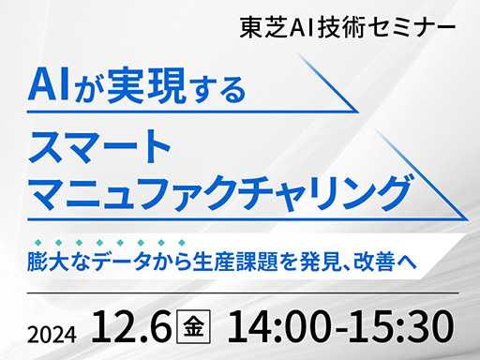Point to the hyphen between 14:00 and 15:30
[x=343, y=331]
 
